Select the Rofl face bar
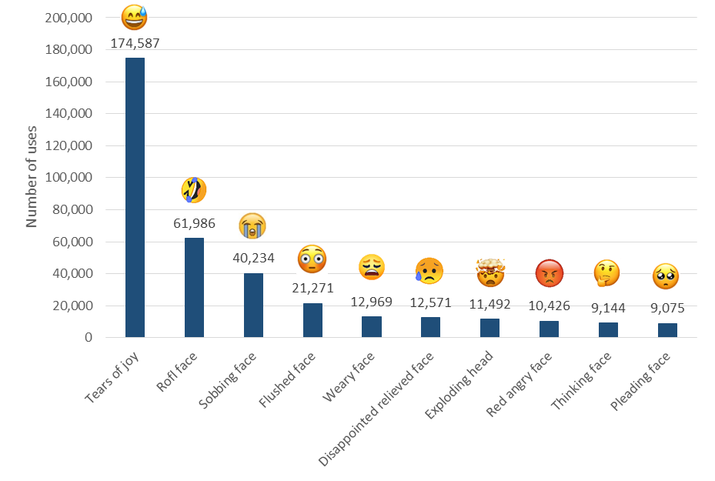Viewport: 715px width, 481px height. coord(194,288)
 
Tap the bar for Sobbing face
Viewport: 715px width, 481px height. coord(253,305)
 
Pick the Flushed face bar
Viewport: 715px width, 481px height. coord(312,320)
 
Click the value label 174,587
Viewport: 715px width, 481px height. coord(135,43)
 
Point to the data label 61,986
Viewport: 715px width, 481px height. coord(194,225)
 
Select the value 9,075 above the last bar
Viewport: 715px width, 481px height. coord(667,308)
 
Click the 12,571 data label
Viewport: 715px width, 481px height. coord(430,302)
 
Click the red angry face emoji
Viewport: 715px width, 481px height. coord(549,272)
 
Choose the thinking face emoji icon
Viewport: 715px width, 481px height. coord(607,272)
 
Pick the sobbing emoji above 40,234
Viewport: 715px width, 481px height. coord(253,226)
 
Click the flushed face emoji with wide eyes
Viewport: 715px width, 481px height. coord(312,259)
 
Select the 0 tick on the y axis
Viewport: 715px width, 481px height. coord(89,337)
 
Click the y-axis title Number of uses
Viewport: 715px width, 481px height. coord(32,176)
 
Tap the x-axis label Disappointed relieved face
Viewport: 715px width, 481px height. coord(378,408)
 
